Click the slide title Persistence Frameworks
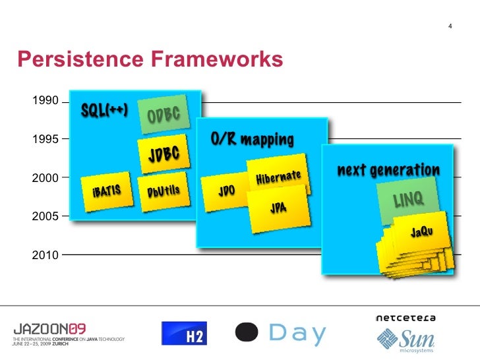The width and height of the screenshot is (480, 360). point(150,60)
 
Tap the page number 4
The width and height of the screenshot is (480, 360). point(450,26)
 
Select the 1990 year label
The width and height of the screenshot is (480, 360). point(44,102)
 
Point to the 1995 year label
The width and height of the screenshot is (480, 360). point(44,139)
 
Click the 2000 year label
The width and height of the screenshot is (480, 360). point(44,177)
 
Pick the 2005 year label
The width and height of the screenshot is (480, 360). point(44,216)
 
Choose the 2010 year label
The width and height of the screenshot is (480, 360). point(44,254)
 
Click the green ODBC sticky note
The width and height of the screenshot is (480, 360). point(164,115)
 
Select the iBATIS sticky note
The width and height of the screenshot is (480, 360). point(106,191)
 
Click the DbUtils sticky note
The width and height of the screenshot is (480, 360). point(163,191)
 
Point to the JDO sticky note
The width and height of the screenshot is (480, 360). point(226,191)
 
